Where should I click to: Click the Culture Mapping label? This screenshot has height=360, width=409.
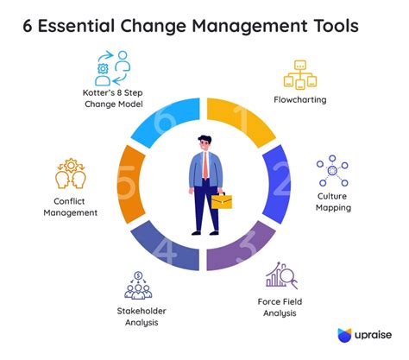[x=333, y=202]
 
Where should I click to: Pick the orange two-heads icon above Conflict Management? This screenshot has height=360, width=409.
[x=71, y=174]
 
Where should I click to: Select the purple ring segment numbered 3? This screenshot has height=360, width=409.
[x=250, y=251]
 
